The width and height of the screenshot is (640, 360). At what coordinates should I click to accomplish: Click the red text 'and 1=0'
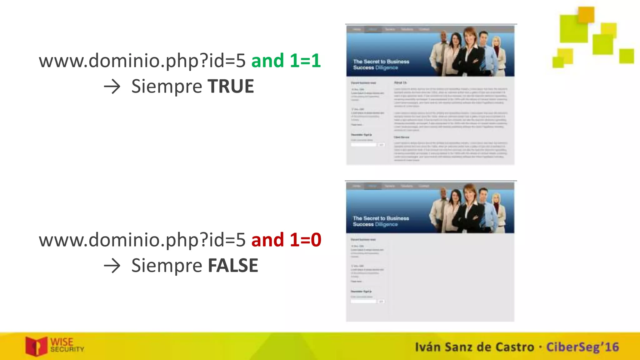(x=286, y=240)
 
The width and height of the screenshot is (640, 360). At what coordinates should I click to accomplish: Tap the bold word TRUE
(x=231, y=86)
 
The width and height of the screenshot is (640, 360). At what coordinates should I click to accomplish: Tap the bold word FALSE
(x=233, y=266)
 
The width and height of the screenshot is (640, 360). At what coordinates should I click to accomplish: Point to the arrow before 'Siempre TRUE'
(x=112, y=87)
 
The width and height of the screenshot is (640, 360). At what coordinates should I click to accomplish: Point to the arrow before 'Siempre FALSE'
(x=112, y=266)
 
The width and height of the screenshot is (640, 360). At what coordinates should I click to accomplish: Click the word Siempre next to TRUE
(x=167, y=87)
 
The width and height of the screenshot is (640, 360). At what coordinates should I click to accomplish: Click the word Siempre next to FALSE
(x=167, y=266)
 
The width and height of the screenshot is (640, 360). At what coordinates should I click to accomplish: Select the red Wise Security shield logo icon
(x=36, y=346)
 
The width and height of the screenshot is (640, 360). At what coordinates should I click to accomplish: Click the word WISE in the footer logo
(x=62, y=342)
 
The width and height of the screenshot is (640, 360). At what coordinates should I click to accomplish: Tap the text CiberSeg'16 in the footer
(x=582, y=347)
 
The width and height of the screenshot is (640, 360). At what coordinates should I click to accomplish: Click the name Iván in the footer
(x=427, y=347)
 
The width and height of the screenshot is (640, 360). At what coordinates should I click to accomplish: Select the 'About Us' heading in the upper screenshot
(x=400, y=82)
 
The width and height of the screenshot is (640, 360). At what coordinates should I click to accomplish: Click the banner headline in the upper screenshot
(x=381, y=64)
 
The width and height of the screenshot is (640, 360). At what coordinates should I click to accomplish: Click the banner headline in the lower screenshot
(x=381, y=221)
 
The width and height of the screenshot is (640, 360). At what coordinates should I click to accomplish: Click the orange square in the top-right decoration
(x=586, y=14)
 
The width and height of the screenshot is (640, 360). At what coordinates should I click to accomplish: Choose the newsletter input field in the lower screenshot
(x=363, y=301)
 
